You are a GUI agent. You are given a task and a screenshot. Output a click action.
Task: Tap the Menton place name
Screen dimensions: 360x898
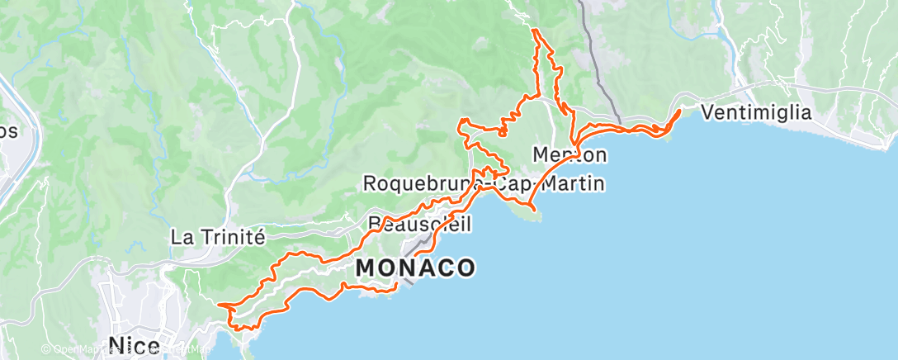570,154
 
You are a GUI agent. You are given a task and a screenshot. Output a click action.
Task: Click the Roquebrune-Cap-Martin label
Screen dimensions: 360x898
484,183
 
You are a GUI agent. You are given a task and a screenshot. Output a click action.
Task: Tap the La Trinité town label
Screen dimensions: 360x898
217,237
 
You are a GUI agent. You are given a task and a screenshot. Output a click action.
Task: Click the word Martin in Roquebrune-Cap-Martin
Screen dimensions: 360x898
573,183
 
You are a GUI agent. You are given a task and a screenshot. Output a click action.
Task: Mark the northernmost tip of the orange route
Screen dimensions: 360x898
535,30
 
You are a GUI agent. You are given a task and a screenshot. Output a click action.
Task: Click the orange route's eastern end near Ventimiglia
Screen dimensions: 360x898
680,110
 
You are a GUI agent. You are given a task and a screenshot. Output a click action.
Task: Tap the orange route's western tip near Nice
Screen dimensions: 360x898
220,306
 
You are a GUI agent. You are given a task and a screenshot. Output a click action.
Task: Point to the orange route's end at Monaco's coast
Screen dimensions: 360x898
397,285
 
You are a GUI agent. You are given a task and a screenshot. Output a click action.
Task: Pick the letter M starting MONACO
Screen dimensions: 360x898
366,268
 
